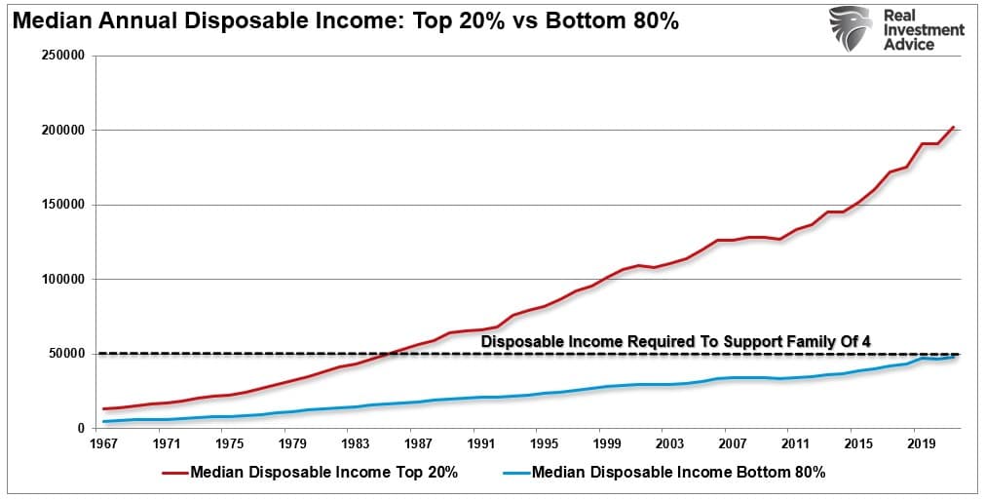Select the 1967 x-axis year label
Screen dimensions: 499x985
point(103,443)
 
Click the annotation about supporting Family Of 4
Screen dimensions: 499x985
point(675,341)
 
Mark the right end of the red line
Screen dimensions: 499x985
point(954,127)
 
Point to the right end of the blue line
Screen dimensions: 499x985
point(954,357)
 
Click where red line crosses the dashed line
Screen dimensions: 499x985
point(391,353)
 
